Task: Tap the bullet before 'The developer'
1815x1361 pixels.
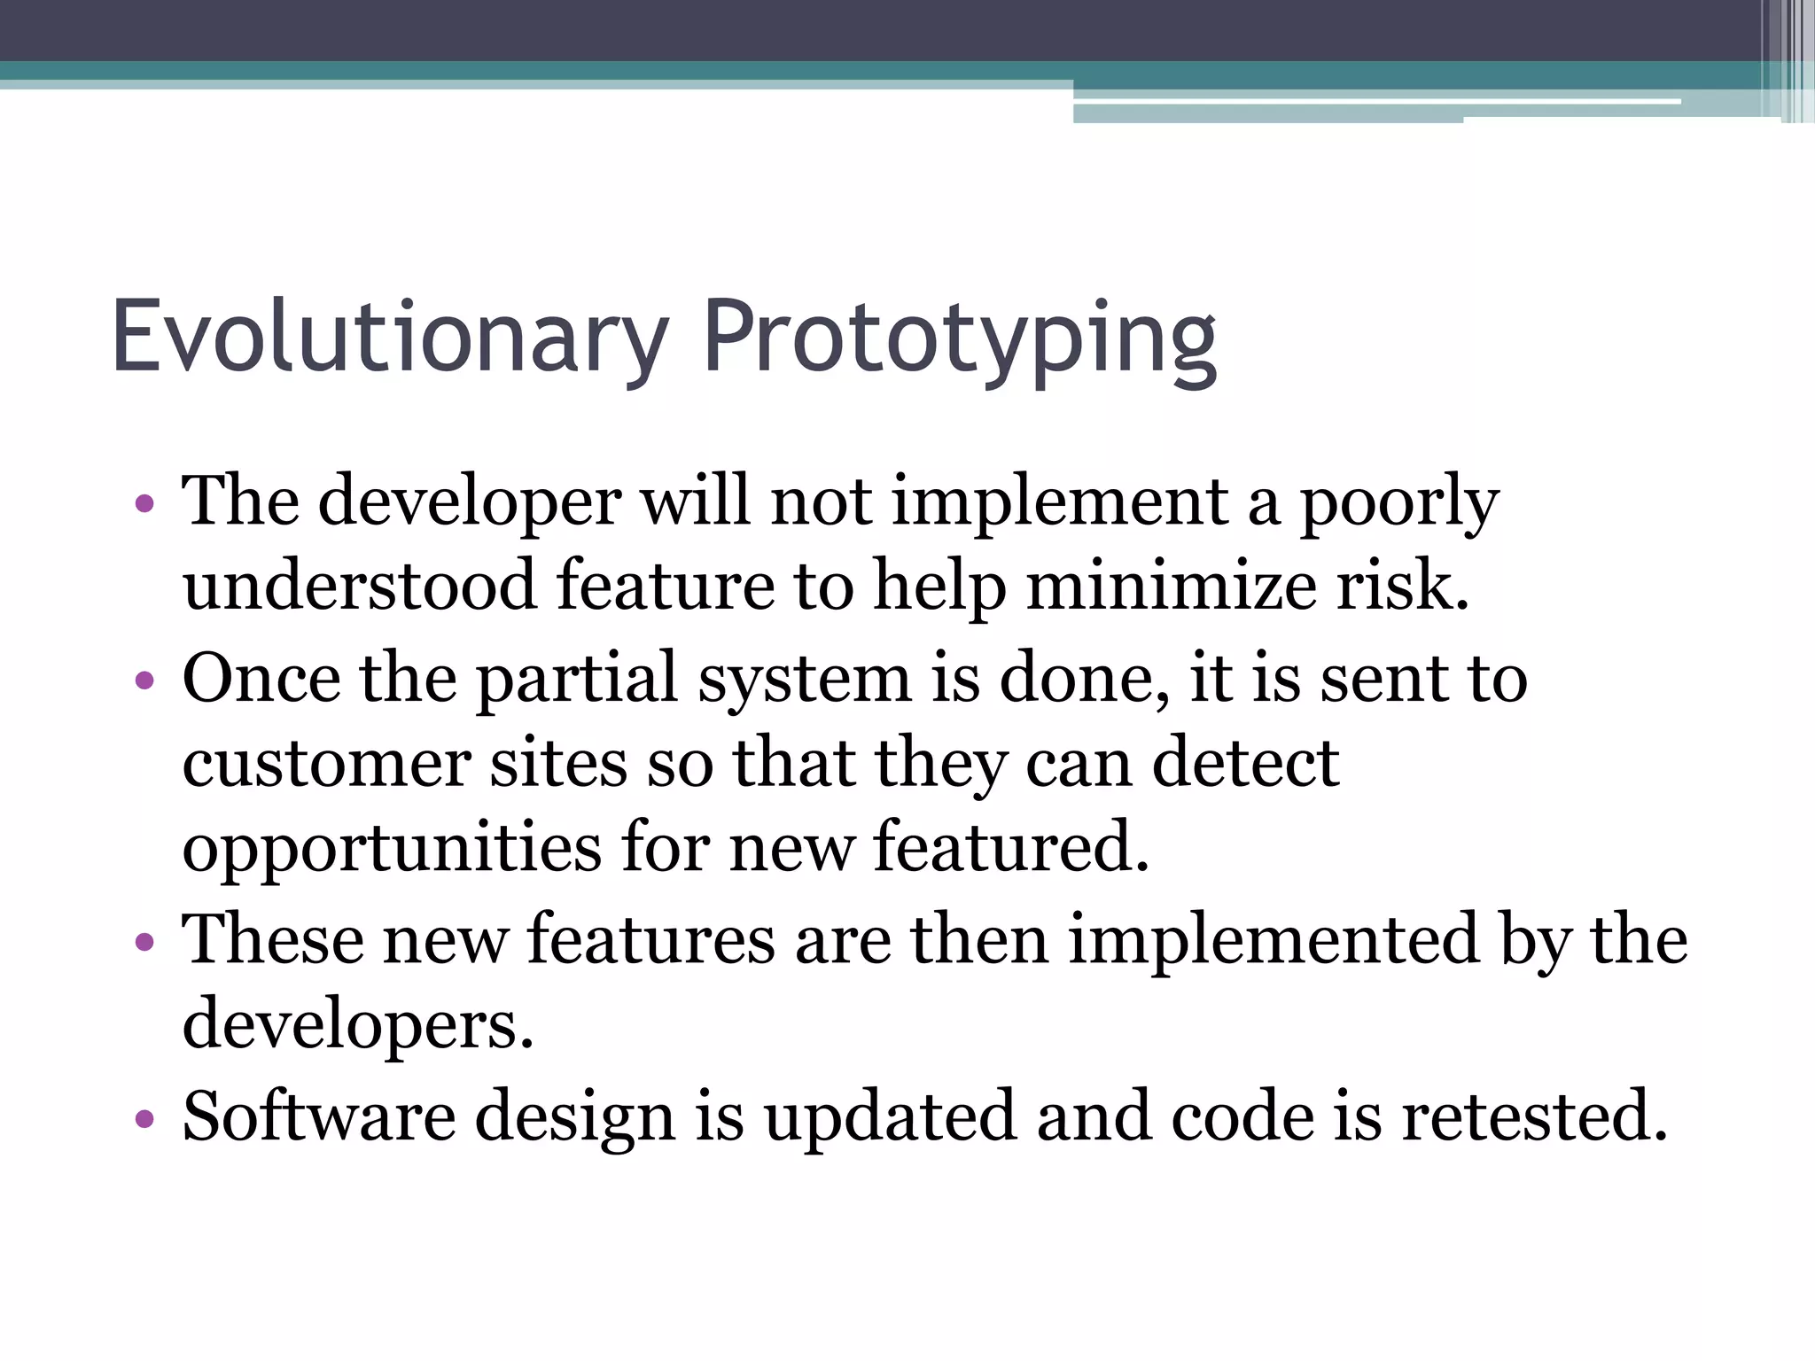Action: pyautogui.click(x=144, y=505)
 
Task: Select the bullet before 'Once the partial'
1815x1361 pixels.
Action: pyautogui.click(x=144, y=680)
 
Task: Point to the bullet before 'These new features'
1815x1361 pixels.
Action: pyautogui.click(x=144, y=942)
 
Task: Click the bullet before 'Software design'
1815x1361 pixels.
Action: pyautogui.click(x=144, y=1118)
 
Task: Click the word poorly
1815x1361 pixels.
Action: pyautogui.click(x=1399, y=503)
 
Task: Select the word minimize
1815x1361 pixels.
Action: pyautogui.click(x=1171, y=587)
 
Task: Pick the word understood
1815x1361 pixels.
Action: pyautogui.click(x=360, y=587)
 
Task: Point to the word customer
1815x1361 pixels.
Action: pyautogui.click(x=326, y=764)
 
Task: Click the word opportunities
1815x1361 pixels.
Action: pyautogui.click(x=392, y=849)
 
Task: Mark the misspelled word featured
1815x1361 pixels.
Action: pyautogui.click(x=1010, y=847)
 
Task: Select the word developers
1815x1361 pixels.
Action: pyautogui.click(x=358, y=1024)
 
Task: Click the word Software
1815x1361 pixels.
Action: pyautogui.click(x=319, y=1116)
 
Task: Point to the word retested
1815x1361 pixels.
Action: pyautogui.click(x=1534, y=1116)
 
